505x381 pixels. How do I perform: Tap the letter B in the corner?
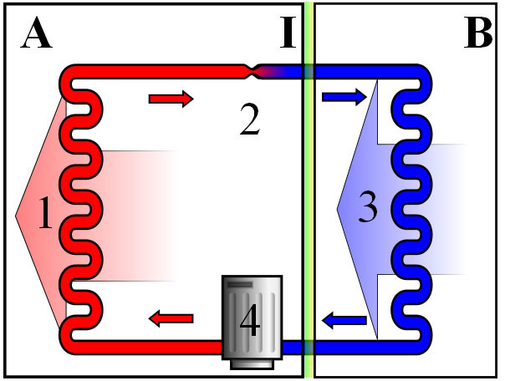[478, 33]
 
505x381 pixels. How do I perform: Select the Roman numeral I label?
[288, 33]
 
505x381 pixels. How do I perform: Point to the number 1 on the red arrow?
[45, 213]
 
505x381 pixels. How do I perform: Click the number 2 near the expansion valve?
[250, 119]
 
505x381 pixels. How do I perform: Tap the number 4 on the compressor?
[250, 320]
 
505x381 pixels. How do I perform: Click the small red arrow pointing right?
[171, 99]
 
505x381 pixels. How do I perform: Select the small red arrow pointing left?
[171, 318]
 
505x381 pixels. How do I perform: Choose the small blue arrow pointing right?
[344, 97]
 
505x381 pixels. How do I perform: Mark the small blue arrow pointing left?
[344, 320]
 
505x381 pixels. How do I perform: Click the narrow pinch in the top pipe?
[252, 72]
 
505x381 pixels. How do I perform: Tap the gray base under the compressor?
[252, 364]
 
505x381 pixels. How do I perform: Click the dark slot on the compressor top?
[240, 284]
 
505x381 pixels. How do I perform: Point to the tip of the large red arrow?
[15, 216]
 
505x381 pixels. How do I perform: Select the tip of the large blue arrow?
[337, 209]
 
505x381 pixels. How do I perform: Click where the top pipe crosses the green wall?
[309, 72]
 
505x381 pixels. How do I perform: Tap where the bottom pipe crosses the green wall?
[309, 348]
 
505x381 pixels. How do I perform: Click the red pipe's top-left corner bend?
[69, 74]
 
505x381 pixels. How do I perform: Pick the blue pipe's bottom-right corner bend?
[422, 344]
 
